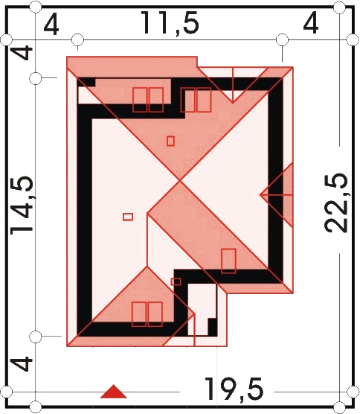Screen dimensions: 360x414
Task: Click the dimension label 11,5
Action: pyautogui.click(x=170, y=23)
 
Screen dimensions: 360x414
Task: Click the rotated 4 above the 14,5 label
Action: pyautogui.click(x=22, y=53)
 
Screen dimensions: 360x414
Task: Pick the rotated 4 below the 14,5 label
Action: pyautogui.click(x=23, y=363)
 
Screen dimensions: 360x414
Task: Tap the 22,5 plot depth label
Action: pyautogui.click(x=335, y=203)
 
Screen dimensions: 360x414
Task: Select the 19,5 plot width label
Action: pyautogui.click(x=234, y=389)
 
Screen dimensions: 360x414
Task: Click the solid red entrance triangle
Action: pyautogui.click(x=113, y=392)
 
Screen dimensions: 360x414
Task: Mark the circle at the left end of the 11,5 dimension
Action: pyautogui.click(x=77, y=40)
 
